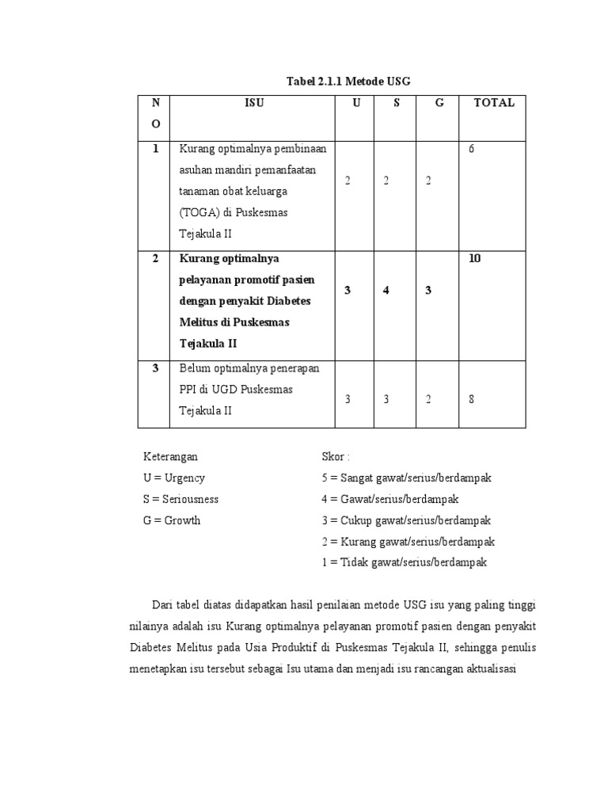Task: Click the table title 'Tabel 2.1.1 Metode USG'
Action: [x=348, y=82]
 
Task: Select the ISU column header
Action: [x=254, y=103]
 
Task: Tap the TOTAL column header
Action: [x=493, y=103]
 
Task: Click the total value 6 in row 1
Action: [x=471, y=149]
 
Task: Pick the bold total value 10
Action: [x=474, y=258]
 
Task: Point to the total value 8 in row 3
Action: [x=471, y=399]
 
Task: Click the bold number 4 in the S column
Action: [x=386, y=291]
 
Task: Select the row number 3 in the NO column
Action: [x=156, y=367]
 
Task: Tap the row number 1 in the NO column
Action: [x=156, y=148]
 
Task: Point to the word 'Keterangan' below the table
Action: [x=170, y=457]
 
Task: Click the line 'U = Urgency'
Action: [x=173, y=478]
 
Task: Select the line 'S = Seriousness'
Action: [x=180, y=499]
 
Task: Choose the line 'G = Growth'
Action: [x=172, y=520]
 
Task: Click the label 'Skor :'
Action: [x=336, y=457]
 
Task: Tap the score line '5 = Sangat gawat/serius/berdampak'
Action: [x=407, y=478]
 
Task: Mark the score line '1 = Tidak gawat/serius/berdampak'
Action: [x=404, y=562]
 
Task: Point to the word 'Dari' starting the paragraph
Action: [x=163, y=606]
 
